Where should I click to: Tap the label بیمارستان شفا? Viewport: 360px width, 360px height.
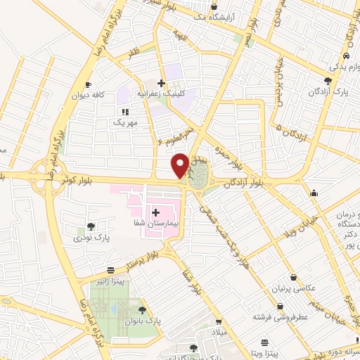click(x=157, y=223)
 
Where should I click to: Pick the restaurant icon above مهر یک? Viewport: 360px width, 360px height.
click(x=125, y=111)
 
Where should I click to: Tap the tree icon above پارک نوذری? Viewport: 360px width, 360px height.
click(x=91, y=226)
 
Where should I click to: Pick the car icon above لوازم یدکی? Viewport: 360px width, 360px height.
click(x=346, y=56)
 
